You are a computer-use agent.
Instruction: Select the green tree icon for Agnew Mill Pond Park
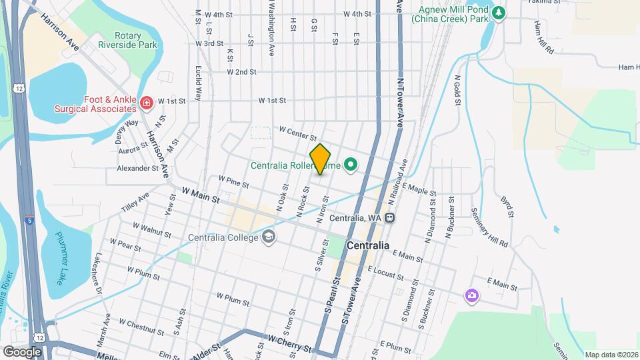tap(497, 13)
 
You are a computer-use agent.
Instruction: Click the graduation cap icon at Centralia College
tap(268, 237)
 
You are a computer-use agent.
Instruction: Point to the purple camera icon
tap(471, 295)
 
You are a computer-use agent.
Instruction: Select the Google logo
tap(22, 351)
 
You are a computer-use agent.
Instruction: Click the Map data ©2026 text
tap(611, 355)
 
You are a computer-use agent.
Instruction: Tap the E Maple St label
tap(418, 191)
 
